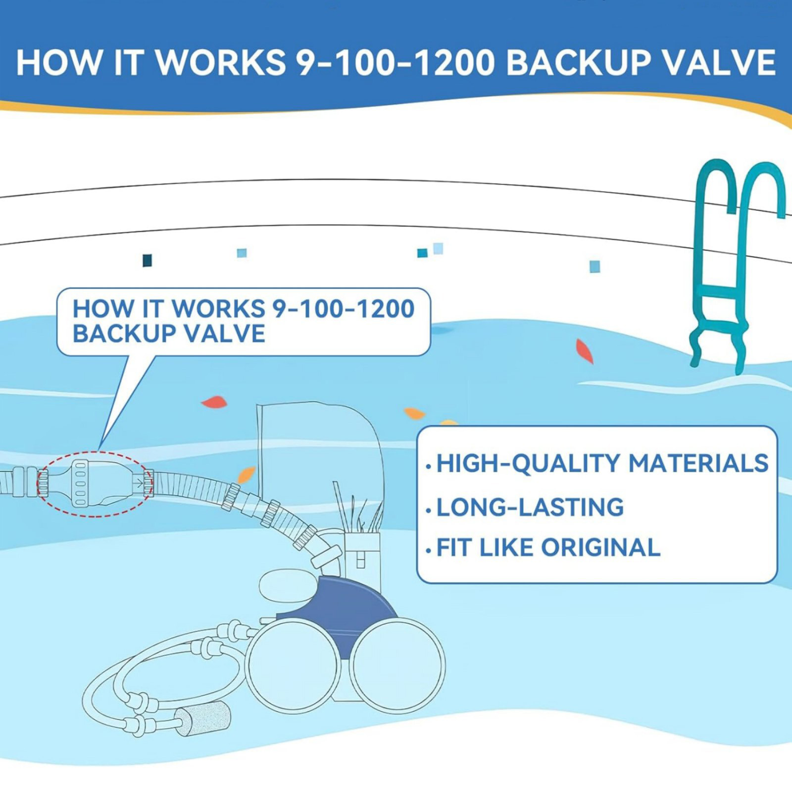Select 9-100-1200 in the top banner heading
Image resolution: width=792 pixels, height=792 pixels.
point(395,63)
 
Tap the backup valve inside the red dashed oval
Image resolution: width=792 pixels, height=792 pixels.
point(94,483)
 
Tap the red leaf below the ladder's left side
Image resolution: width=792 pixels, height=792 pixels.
point(585,351)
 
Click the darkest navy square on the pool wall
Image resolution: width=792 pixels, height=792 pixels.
point(147,260)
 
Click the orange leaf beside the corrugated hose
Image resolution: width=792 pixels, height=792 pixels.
point(246,475)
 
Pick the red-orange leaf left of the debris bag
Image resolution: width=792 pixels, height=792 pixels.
point(214,402)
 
